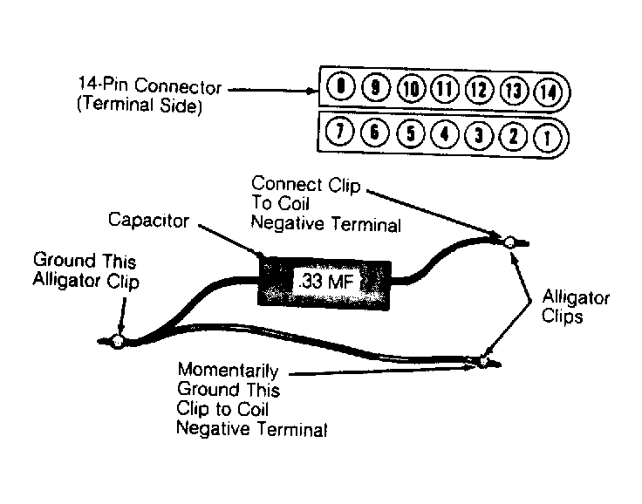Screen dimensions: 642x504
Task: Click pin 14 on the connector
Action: point(549,92)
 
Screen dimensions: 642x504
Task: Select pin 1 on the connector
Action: point(548,138)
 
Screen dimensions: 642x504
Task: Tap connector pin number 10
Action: point(411,89)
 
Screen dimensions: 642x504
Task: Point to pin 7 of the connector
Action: point(339,132)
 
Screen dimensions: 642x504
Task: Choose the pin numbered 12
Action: point(480,90)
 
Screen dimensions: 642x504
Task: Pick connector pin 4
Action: point(445,134)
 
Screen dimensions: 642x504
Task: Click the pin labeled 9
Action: point(376,87)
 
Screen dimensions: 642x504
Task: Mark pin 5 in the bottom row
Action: point(411,133)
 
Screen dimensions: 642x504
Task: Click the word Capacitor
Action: point(148,221)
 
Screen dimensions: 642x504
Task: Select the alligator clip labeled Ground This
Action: point(117,341)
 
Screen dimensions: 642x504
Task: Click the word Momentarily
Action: point(228,371)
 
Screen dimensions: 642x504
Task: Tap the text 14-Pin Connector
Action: point(150,85)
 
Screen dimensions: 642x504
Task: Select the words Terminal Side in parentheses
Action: point(140,106)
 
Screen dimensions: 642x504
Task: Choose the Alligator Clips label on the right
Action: point(575,307)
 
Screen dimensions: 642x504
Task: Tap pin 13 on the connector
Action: point(514,91)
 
